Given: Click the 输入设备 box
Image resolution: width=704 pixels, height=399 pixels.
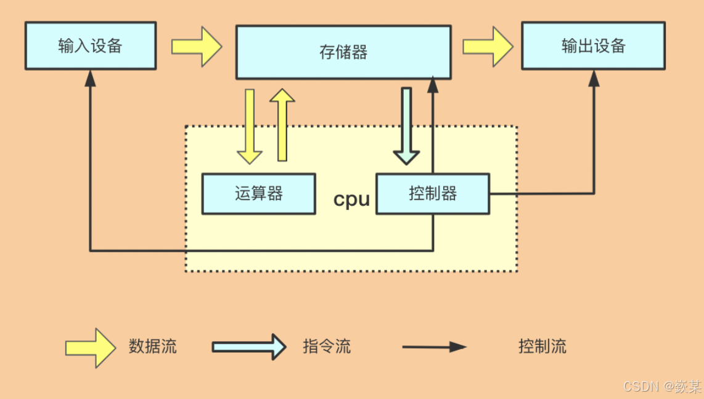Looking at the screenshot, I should [90, 46].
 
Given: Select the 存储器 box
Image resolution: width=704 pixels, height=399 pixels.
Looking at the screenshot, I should [343, 52].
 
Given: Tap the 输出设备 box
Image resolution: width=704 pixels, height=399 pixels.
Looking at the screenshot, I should [593, 46].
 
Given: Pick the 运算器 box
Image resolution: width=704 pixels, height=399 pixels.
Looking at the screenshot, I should [259, 194].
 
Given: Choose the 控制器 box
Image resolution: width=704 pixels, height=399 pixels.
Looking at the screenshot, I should [433, 194].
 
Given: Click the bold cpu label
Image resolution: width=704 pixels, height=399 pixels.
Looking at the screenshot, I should [351, 199].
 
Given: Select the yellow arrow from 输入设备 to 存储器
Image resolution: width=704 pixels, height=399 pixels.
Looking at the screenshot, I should [196, 47].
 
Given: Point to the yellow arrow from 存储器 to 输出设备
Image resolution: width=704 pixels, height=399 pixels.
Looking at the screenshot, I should [488, 47].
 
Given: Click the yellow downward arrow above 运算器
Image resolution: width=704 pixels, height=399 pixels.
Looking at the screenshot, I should [250, 126].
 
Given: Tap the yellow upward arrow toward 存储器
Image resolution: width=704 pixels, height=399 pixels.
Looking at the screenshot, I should [282, 124].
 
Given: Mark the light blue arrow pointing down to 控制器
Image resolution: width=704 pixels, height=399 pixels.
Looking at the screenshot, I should [406, 126].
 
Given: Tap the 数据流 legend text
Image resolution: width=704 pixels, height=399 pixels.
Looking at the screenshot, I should [153, 346].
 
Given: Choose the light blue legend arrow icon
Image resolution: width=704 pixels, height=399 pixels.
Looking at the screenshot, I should [249, 347].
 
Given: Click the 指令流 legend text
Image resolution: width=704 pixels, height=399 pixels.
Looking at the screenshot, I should [327, 346].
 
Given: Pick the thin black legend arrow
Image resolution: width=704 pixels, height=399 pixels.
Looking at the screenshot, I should [434, 347].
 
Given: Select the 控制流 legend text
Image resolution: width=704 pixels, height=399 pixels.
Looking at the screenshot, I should [542, 346].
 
